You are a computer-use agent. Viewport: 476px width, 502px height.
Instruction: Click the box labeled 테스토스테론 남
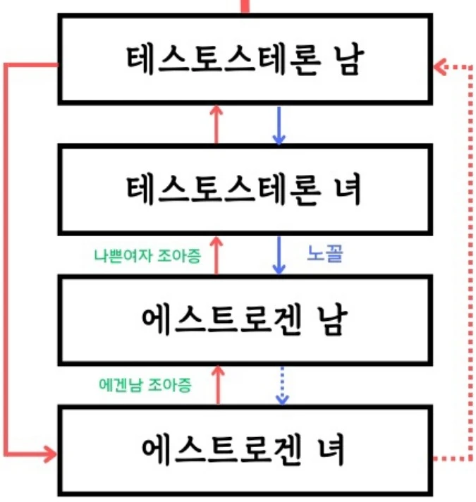[244, 59]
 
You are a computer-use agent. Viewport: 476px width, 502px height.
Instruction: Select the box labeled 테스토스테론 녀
[244, 188]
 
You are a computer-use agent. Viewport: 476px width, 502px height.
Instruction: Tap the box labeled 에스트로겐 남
[244, 322]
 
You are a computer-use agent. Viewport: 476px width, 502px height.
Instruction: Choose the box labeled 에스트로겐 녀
[244, 450]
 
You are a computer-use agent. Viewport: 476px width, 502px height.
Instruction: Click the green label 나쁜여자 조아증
[147, 255]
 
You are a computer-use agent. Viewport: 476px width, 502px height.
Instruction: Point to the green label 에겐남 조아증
[147, 385]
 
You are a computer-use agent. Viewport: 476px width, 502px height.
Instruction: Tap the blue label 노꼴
[325, 255]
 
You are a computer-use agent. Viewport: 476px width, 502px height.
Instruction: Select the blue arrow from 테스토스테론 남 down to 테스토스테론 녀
[279, 125]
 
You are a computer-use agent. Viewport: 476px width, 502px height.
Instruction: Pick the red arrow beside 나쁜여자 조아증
[217, 255]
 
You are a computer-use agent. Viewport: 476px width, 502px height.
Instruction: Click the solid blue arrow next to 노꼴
[279, 255]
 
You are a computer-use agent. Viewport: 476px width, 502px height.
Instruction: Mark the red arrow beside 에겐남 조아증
[217, 385]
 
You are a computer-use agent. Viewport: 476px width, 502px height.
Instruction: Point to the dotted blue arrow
[281, 385]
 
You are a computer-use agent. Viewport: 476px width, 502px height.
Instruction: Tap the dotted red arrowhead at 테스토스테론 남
[441, 67]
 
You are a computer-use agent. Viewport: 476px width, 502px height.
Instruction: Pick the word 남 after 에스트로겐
[329, 322]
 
